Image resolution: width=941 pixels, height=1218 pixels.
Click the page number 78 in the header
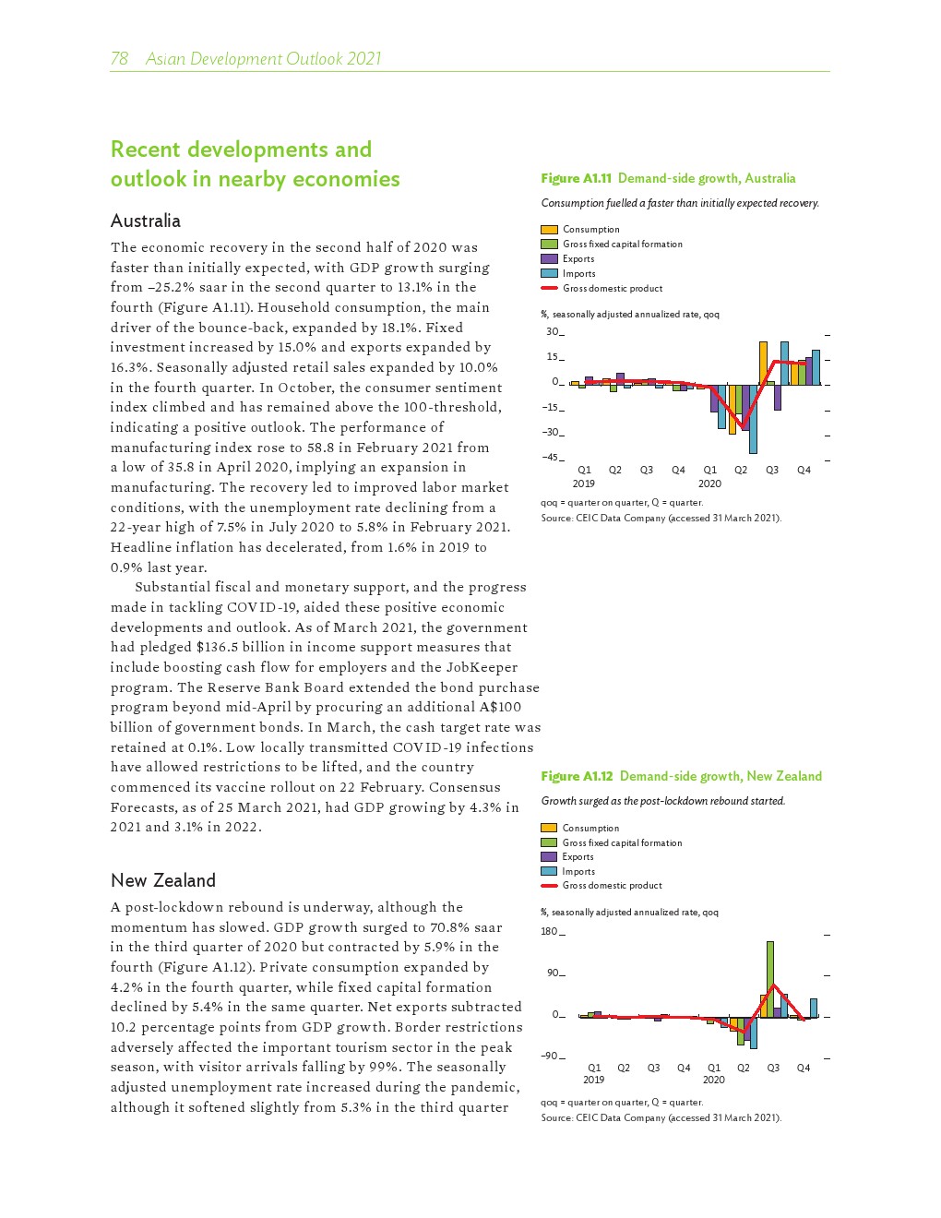119,59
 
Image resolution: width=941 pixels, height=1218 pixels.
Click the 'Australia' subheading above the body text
145,221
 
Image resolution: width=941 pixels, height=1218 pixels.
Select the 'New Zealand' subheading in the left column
162,880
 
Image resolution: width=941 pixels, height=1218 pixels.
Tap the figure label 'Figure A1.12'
577,776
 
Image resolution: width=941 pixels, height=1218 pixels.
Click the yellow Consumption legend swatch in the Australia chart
549,229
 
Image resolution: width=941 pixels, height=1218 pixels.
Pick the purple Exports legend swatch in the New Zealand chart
549,856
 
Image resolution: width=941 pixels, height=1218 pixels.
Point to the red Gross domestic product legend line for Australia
549,288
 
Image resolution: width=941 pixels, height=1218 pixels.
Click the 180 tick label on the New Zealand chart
549,931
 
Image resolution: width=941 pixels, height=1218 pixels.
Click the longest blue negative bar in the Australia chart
753,418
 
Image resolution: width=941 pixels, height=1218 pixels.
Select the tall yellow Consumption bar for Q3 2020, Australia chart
763,363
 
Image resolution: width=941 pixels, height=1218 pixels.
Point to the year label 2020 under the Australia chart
709,483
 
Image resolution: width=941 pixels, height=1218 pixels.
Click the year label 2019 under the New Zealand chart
593,1080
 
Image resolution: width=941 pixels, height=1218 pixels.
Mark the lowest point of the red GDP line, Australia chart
744,425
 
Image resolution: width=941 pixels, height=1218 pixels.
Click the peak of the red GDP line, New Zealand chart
775,985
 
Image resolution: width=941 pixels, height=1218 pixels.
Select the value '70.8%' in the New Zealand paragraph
423,927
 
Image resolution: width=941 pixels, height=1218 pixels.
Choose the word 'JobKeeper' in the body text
482,667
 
